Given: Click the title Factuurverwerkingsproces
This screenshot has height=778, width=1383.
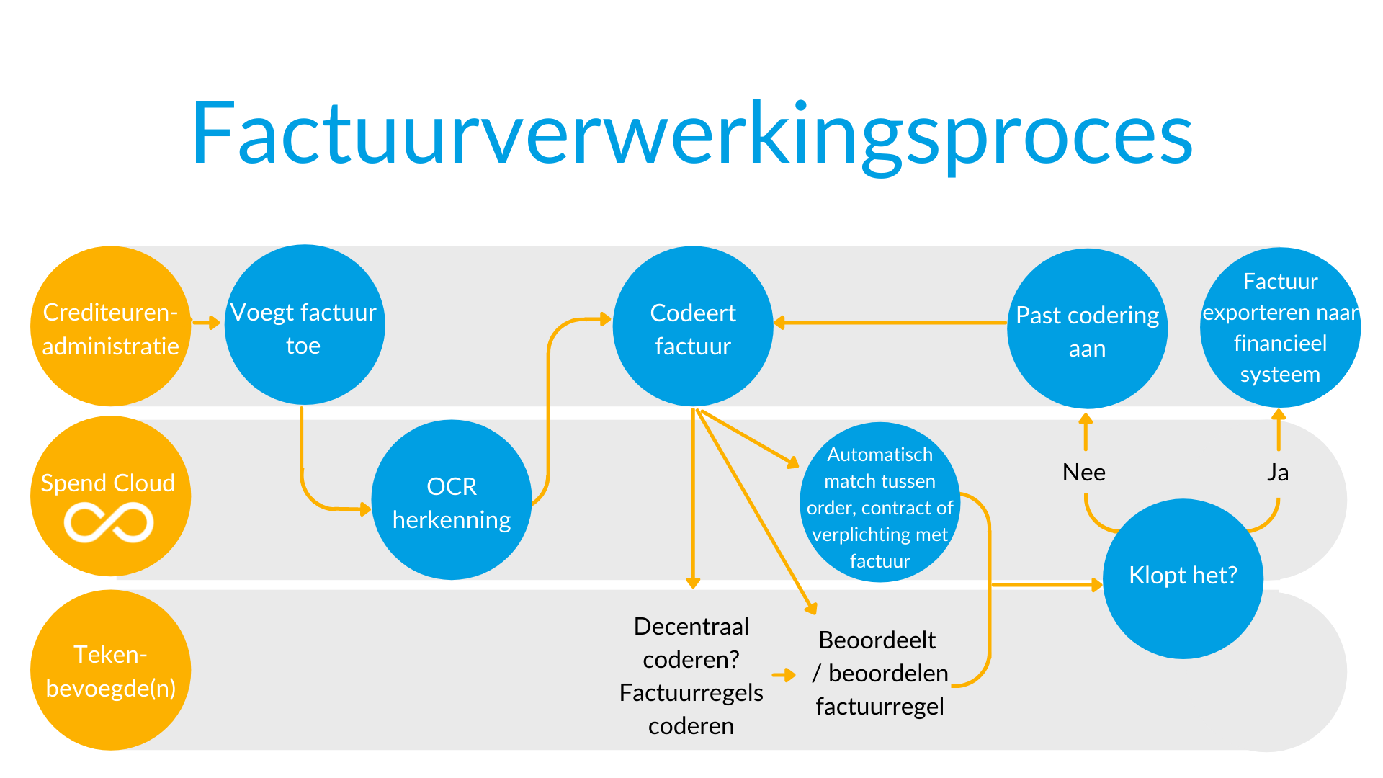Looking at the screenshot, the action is click(x=692, y=135).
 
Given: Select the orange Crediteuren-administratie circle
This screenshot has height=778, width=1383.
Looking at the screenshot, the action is click(x=110, y=326).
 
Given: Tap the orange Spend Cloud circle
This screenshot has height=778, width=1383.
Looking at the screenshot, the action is click(x=110, y=496).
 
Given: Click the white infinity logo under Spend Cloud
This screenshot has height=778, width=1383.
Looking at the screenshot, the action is click(x=109, y=522).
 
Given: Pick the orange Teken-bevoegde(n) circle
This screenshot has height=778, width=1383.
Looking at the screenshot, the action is click(x=110, y=670).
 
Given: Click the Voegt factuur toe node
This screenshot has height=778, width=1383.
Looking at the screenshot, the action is click(x=305, y=325).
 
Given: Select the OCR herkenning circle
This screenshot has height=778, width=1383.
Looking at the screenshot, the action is click(x=452, y=500).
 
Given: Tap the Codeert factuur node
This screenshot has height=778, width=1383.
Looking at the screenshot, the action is click(x=693, y=326).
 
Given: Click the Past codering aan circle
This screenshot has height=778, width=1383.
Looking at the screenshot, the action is click(x=1088, y=329).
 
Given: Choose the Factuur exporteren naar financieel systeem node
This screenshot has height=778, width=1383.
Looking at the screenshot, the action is click(x=1280, y=328).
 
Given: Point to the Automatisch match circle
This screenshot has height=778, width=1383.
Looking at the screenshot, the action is click(x=880, y=502).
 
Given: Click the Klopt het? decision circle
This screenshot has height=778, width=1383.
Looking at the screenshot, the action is click(x=1183, y=578).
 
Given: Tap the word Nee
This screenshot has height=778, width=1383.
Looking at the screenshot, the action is click(x=1084, y=473).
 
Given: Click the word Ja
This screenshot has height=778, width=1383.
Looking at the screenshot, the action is click(x=1278, y=473).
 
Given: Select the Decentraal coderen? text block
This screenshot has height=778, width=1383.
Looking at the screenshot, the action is click(x=691, y=676).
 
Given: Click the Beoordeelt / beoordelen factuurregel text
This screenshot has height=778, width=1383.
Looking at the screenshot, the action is click(x=880, y=673).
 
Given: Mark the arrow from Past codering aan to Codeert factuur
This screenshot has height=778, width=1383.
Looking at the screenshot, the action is click(x=890, y=323).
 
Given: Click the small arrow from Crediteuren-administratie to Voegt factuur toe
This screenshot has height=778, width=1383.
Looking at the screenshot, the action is click(x=206, y=322).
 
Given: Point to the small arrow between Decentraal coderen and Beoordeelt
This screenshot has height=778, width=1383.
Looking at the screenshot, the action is click(x=784, y=675).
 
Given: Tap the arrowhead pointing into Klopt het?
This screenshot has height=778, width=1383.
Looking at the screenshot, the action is click(x=1097, y=585).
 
